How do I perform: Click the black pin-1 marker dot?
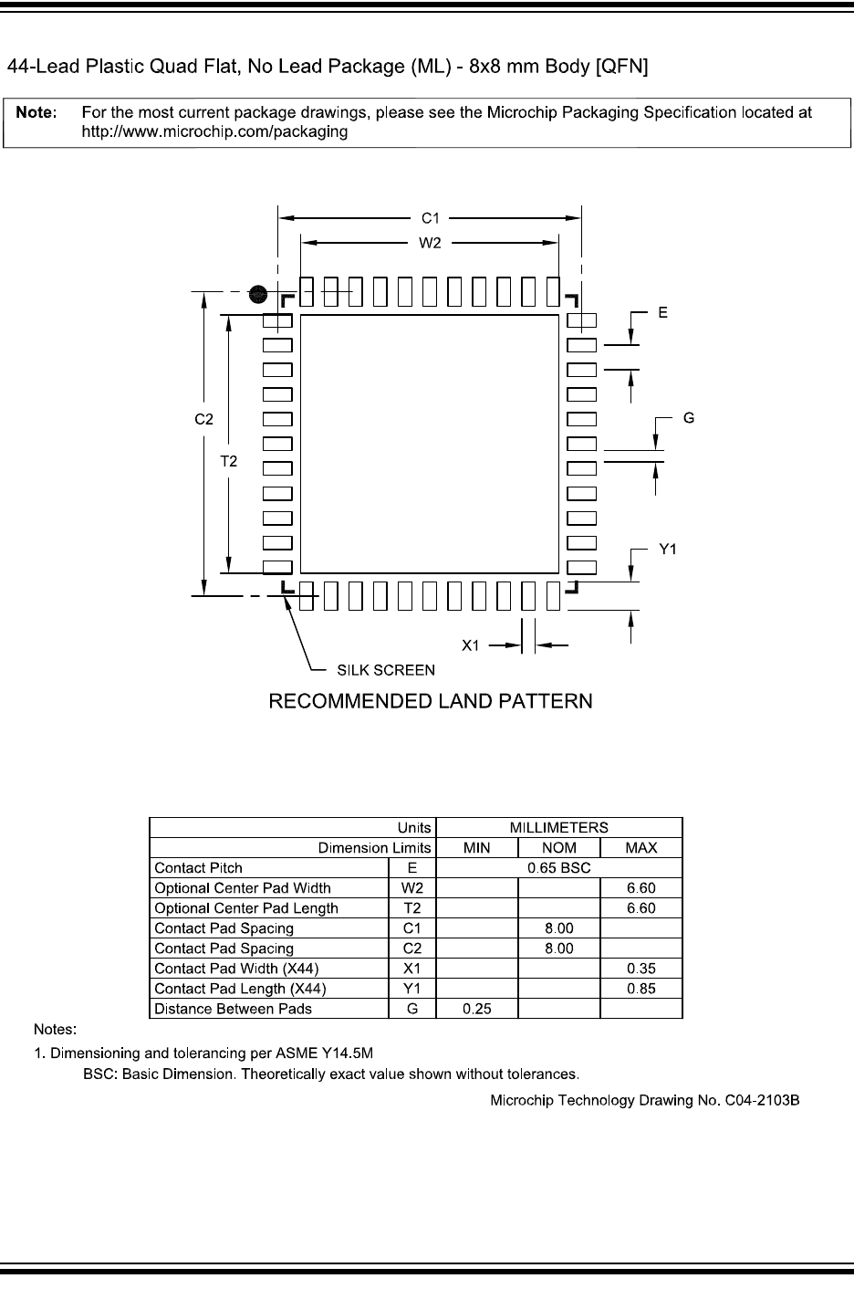coord(259,294)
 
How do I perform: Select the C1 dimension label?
coord(430,218)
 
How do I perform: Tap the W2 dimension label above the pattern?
coord(430,243)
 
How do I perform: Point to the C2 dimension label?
coord(203,419)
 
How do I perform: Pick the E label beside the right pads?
coord(662,312)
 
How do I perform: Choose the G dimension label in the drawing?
coord(688,418)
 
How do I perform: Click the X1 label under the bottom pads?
coord(470,645)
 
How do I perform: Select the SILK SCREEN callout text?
coord(386,670)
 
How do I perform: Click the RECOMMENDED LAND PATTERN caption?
coord(430,702)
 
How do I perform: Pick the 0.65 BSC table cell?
coord(559,868)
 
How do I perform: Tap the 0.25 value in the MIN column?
coord(476,1009)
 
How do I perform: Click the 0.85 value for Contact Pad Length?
coord(640,989)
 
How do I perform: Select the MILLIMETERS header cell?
coord(559,827)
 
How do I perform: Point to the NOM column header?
coord(559,848)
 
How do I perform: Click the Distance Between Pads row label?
coord(234,1009)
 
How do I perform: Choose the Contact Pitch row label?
coord(199,868)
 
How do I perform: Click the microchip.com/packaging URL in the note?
coord(215,131)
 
